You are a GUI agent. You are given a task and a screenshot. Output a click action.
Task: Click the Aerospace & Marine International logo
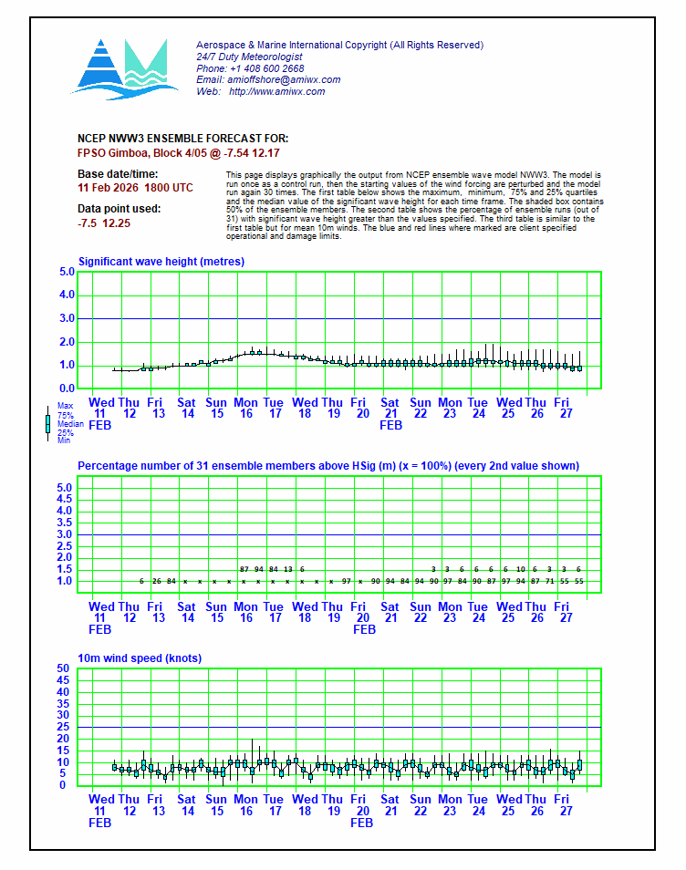(x=119, y=67)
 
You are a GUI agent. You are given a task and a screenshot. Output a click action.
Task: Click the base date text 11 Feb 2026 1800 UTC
(x=136, y=187)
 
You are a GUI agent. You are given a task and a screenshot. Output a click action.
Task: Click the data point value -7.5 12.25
(x=104, y=223)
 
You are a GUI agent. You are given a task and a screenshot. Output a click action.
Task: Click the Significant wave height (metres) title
(x=161, y=262)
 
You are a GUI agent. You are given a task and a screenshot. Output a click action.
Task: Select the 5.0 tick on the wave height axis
(x=67, y=272)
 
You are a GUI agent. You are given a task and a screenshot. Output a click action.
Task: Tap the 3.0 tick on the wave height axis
(x=67, y=318)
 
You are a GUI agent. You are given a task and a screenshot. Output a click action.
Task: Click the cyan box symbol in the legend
(x=47, y=423)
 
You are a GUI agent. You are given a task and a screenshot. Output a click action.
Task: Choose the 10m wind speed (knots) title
(x=140, y=658)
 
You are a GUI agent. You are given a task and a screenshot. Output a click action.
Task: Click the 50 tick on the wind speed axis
(x=64, y=668)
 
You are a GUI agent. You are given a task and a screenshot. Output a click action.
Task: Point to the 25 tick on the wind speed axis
(x=64, y=727)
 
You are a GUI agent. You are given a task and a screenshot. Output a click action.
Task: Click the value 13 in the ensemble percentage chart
(x=288, y=569)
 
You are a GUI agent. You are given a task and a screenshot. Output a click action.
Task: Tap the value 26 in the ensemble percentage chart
(x=157, y=581)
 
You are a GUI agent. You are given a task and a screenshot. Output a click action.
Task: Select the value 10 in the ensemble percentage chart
(x=520, y=569)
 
